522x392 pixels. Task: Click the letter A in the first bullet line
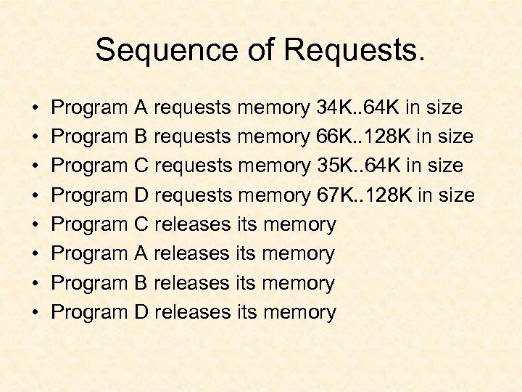[141, 108]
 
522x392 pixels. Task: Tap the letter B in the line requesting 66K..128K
[141, 137]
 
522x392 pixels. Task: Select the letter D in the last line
[142, 313]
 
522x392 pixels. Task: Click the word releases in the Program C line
[193, 225]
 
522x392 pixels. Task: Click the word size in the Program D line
[456, 195]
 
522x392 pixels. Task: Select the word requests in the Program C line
[194, 166]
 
